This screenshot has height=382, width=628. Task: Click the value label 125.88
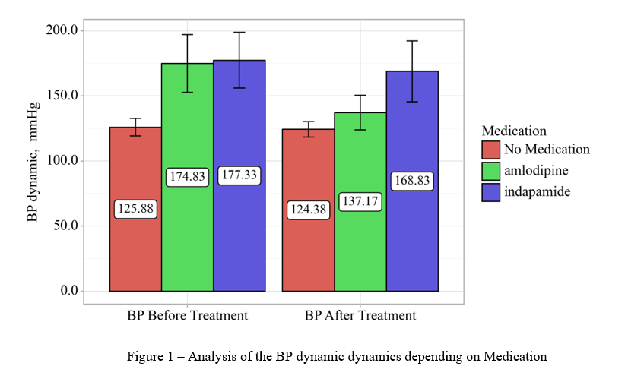[x=136, y=209]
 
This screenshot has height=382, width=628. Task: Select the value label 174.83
[x=187, y=176]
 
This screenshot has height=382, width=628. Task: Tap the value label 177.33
[x=239, y=175]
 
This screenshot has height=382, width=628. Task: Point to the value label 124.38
[x=308, y=209]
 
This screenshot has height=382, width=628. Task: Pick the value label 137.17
[x=360, y=202]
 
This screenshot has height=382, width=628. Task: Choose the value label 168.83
[x=412, y=181]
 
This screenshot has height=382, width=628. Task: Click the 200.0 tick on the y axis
[x=62, y=30]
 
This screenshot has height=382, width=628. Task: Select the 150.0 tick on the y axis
[x=62, y=96]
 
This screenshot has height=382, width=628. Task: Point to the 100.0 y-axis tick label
[x=62, y=161]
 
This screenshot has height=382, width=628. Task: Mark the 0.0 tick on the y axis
[x=68, y=291]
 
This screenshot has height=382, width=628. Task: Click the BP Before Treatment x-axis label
[x=187, y=315]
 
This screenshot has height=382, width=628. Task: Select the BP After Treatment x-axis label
[x=360, y=315]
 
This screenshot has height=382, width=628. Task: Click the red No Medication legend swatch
[x=490, y=150]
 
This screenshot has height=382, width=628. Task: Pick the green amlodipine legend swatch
[x=490, y=171]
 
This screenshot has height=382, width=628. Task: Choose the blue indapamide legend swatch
[x=490, y=192]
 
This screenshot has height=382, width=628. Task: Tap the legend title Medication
[x=514, y=131]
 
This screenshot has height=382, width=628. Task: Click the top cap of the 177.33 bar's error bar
[x=239, y=33]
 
